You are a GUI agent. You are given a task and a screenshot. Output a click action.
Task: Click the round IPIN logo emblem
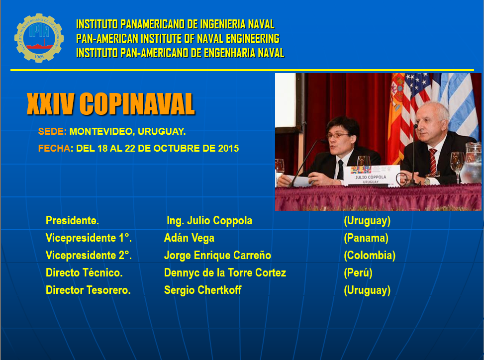click(x=39, y=38)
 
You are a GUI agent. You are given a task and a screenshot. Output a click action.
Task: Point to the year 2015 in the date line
click(x=228, y=148)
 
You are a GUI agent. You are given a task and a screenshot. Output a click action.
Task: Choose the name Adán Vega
click(x=189, y=238)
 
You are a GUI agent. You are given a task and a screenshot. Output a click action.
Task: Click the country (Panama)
click(x=366, y=238)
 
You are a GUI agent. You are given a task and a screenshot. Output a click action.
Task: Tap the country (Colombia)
click(x=369, y=255)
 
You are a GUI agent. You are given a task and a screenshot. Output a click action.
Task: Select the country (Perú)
click(x=358, y=272)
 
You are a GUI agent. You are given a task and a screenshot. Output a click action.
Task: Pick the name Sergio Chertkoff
click(x=202, y=290)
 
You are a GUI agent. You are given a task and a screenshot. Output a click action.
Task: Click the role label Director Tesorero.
click(x=88, y=290)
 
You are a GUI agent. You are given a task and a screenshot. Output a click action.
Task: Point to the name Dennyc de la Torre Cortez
click(x=225, y=272)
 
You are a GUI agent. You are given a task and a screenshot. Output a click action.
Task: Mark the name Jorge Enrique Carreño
click(x=217, y=255)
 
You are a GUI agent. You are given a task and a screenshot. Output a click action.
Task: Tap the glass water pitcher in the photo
click(x=471, y=167)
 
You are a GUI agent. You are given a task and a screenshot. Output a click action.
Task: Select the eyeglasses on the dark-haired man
click(x=338, y=135)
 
